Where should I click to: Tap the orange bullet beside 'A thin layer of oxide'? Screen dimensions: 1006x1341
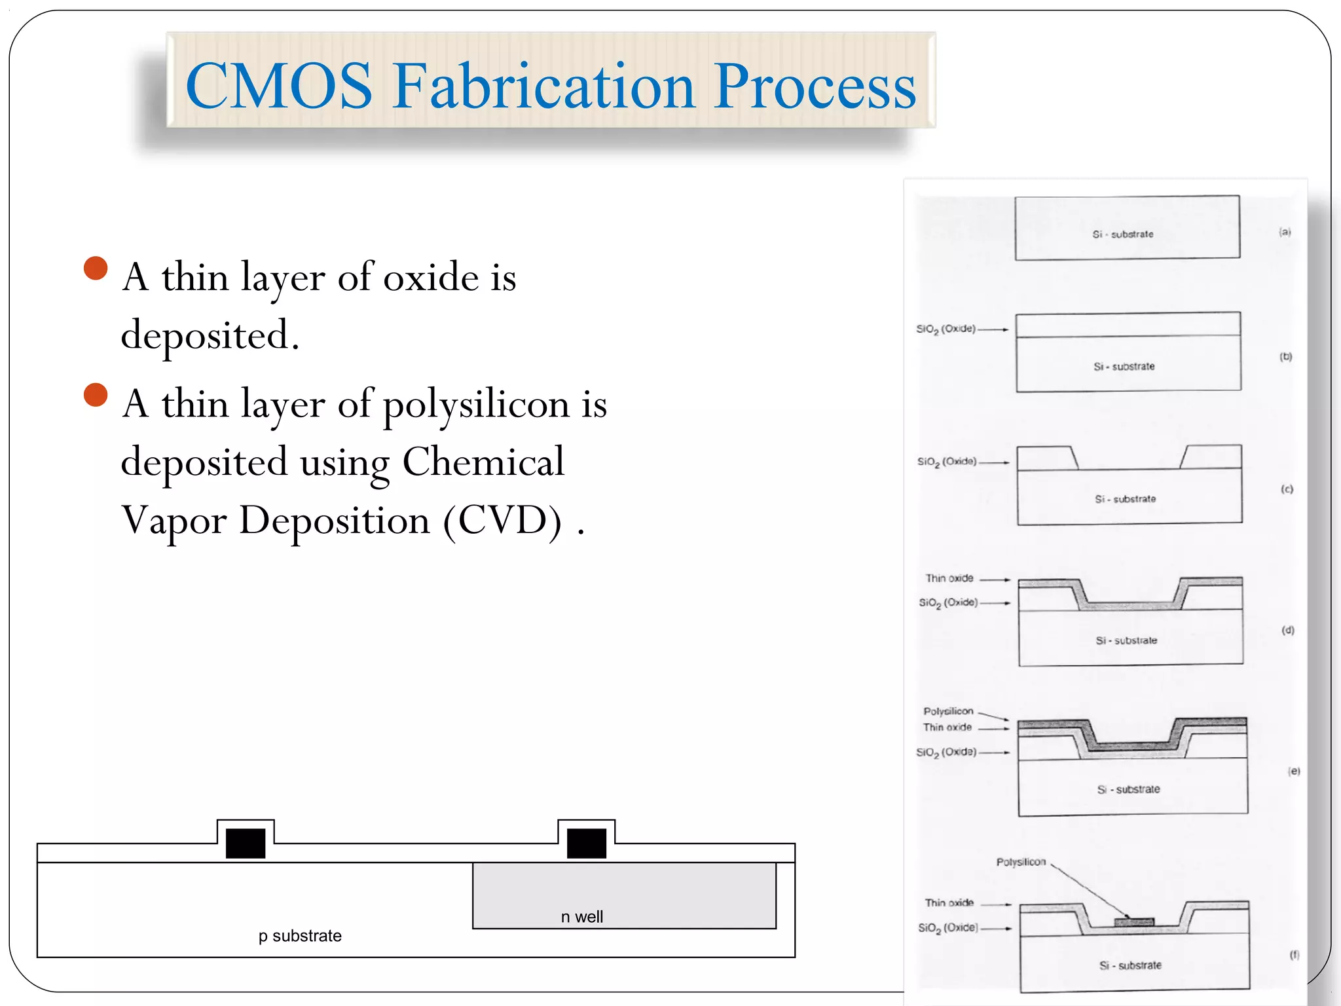[96, 268]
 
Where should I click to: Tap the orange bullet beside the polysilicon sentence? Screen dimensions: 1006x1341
[96, 395]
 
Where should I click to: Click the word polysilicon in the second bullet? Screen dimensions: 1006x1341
[476, 404]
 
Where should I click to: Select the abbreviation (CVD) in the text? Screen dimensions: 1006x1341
[502, 521]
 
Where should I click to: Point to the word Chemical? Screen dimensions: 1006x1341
[483, 462]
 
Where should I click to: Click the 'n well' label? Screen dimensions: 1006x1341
[581, 916]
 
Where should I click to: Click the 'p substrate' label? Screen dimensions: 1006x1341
[300, 935]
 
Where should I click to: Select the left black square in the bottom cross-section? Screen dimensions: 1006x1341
[246, 843]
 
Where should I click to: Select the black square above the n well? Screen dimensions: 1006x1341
[586, 843]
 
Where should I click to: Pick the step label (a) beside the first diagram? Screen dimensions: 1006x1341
[1285, 232]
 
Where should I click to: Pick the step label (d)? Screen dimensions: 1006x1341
[1288, 630]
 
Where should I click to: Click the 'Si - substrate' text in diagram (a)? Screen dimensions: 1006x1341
[1122, 234]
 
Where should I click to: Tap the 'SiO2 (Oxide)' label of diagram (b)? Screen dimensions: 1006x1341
[946, 329]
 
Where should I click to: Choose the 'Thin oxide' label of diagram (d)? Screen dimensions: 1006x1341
[949, 578]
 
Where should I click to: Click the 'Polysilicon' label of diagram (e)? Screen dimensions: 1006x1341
[948, 711]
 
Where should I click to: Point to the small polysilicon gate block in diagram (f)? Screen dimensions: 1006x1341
[1133, 922]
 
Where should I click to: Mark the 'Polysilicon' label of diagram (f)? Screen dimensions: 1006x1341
[1021, 862]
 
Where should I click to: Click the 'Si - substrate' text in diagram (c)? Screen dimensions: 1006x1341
[1125, 499]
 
